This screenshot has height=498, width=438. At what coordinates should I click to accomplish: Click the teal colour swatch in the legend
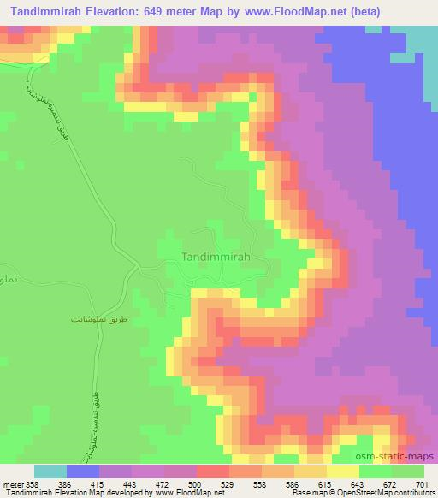(50, 472)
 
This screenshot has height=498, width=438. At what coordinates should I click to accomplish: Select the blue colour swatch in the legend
(82, 472)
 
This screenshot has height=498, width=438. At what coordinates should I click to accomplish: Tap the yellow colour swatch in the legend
(342, 472)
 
